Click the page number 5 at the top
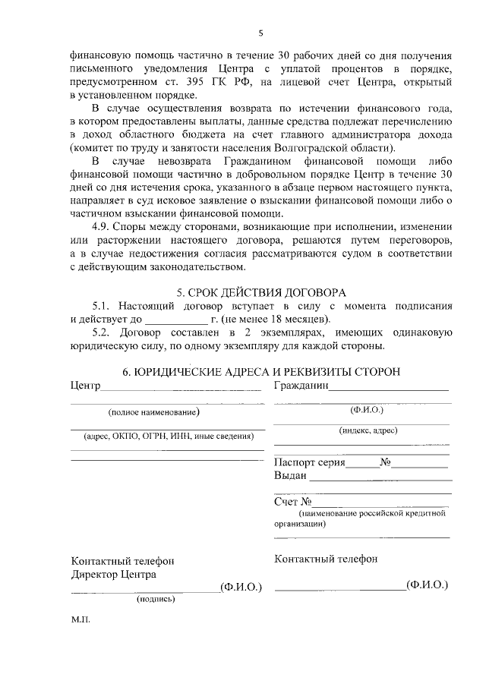[260, 33]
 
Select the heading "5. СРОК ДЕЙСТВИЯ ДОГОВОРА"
[260, 292]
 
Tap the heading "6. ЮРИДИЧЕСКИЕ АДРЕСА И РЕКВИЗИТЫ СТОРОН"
[261, 371]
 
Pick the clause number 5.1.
[102, 305]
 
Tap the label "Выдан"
[290, 476]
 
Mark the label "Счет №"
[293, 502]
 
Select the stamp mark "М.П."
[80, 620]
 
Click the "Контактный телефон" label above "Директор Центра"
[122, 561]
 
